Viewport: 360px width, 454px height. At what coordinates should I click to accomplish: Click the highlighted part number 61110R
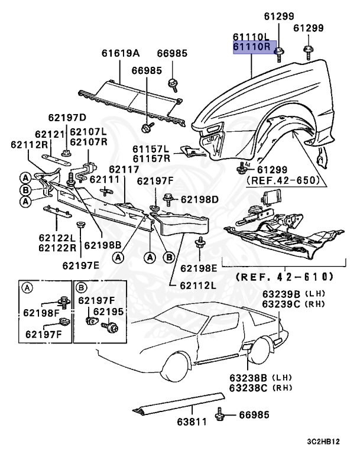click(251, 47)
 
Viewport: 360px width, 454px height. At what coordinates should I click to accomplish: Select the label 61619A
click(119, 54)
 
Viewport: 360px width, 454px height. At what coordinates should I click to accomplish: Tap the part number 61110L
click(251, 37)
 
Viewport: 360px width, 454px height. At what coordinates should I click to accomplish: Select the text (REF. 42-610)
click(284, 276)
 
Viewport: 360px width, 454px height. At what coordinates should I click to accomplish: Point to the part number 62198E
click(200, 268)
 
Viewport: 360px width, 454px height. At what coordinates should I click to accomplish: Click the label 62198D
click(200, 199)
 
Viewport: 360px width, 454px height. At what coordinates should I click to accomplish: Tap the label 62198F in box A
click(41, 313)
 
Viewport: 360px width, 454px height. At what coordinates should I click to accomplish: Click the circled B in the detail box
click(82, 288)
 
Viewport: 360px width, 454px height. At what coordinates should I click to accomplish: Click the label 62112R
click(29, 145)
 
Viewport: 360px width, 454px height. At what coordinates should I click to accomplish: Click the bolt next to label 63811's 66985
click(220, 414)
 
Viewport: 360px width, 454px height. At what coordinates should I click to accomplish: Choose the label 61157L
click(151, 148)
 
